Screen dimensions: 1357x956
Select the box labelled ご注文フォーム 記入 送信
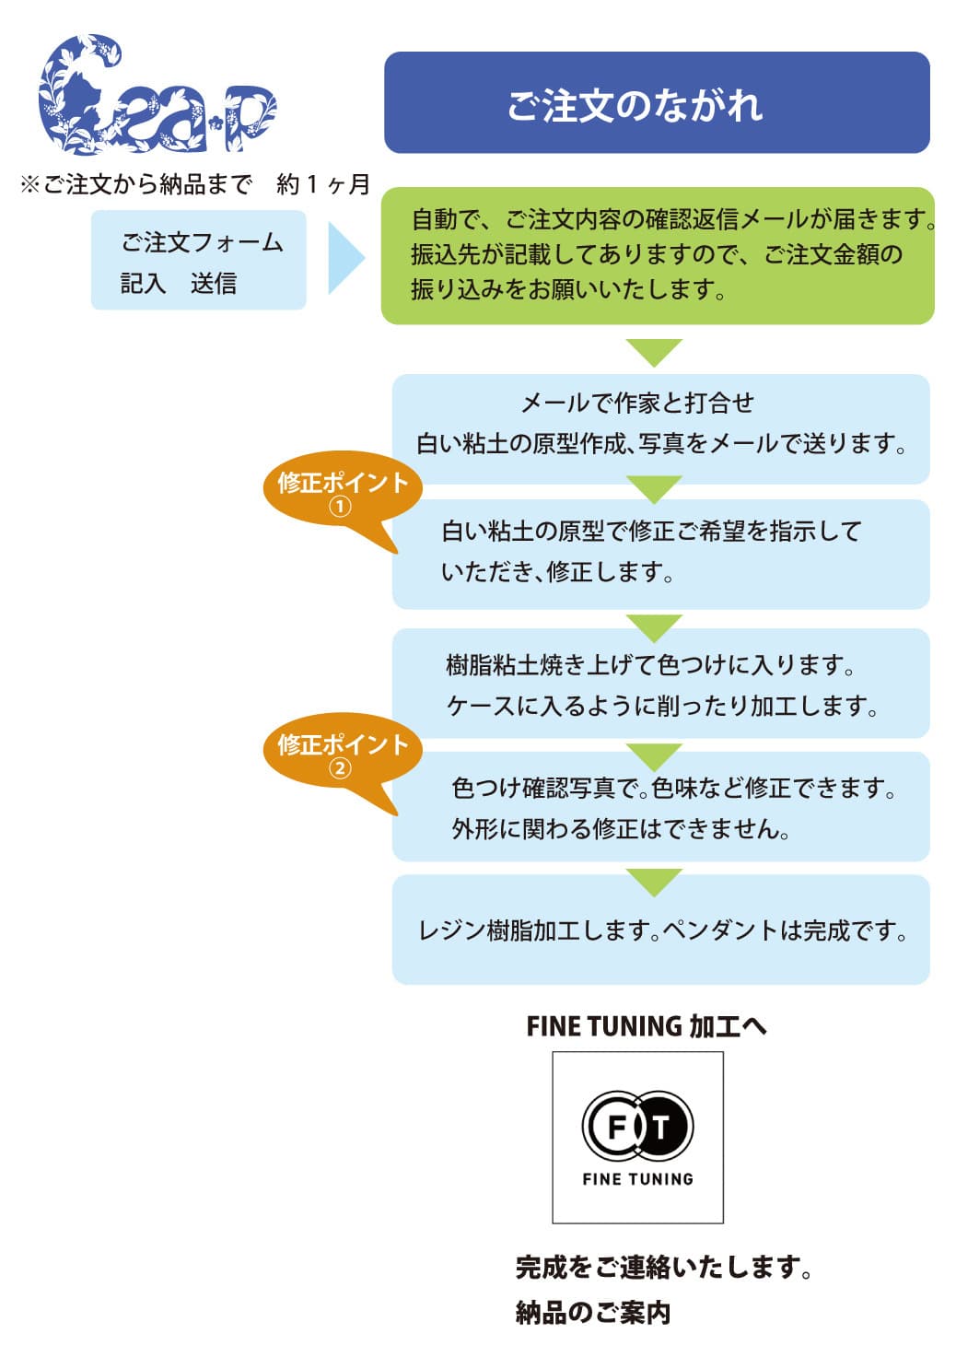(198, 261)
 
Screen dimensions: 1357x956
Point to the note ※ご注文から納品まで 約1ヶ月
(194, 185)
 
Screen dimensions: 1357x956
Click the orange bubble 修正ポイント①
(342, 492)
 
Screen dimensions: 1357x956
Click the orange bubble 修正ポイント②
(342, 754)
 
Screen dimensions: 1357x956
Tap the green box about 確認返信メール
(658, 255)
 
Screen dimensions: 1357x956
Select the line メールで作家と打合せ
(637, 403)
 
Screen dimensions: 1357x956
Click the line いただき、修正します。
(558, 572)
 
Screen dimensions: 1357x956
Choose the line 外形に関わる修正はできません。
(621, 829)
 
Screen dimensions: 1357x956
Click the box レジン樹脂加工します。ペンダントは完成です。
(660, 930)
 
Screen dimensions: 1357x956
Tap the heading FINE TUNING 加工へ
(646, 1026)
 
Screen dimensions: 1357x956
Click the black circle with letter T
(663, 1125)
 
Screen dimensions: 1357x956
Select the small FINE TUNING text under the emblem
(637, 1179)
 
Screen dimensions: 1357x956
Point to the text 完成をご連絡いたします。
(663, 1269)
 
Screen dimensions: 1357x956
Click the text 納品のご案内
(593, 1312)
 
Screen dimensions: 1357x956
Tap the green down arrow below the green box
(654, 351)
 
